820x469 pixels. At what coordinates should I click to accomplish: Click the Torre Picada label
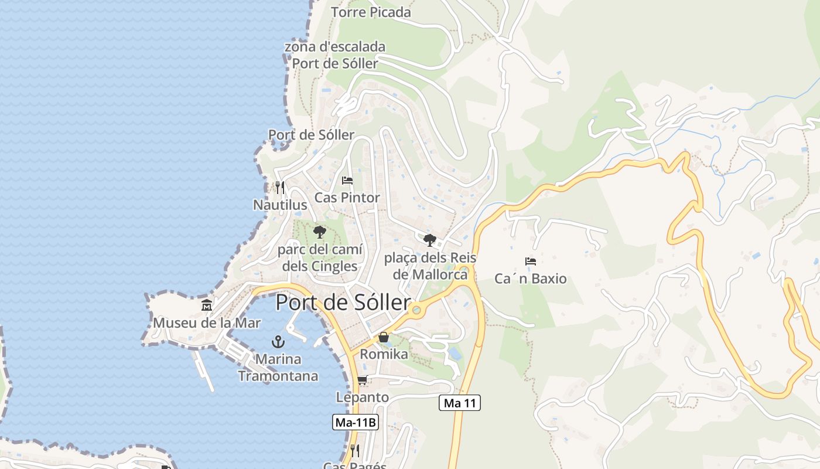pyautogui.click(x=371, y=12)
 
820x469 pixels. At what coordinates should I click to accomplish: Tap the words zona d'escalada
pyautogui.click(x=335, y=46)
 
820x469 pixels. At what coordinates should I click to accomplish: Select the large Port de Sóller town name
pyautogui.click(x=343, y=303)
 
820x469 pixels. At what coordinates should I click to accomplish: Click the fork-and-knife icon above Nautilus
pyautogui.click(x=280, y=188)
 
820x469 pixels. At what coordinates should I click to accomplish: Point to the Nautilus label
pyautogui.click(x=280, y=205)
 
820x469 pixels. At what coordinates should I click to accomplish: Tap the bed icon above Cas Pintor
pyautogui.click(x=347, y=181)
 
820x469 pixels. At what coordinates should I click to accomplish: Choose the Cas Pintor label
pyautogui.click(x=347, y=198)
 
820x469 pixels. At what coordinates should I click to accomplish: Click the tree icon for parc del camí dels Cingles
pyautogui.click(x=319, y=233)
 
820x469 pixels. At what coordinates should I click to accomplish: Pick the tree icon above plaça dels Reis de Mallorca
pyautogui.click(x=430, y=240)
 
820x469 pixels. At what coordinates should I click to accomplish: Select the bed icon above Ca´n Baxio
pyautogui.click(x=531, y=261)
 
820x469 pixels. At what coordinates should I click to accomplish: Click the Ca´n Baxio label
pyautogui.click(x=531, y=278)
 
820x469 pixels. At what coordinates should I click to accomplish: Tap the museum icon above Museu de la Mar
pyautogui.click(x=207, y=305)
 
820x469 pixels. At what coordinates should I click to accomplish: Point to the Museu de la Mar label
pyautogui.click(x=207, y=322)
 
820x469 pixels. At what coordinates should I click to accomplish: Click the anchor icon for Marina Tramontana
pyautogui.click(x=278, y=341)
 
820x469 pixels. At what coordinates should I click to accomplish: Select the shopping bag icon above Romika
pyautogui.click(x=384, y=337)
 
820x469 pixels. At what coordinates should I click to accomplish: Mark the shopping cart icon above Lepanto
pyautogui.click(x=363, y=380)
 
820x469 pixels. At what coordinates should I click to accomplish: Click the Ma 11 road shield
pyautogui.click(x=460, y=403)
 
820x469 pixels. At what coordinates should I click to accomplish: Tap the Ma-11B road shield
pyautogui.click(x=356, y=422)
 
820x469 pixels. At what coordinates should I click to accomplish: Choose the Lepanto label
pyautogui.click(x=362, y=397)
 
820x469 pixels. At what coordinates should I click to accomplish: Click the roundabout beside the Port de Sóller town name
pyautogui.click(x=416, y=310)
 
